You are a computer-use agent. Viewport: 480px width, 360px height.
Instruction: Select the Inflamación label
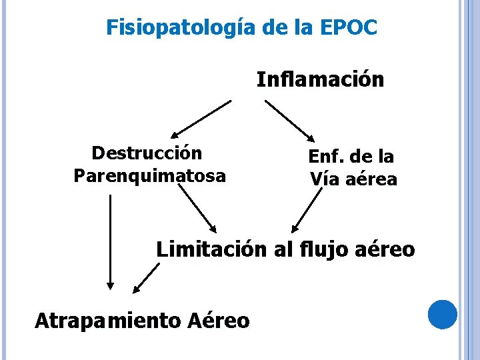320,80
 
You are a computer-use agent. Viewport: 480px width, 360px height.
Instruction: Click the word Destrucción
147,153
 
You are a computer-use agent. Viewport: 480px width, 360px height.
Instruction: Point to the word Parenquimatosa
150,176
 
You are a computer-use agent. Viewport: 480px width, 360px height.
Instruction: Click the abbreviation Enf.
325,157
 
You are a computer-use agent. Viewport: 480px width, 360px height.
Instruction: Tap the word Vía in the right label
321,179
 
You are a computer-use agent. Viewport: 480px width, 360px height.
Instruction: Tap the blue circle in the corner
443,315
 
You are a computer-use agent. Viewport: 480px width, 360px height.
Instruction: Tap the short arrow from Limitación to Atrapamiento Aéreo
146,278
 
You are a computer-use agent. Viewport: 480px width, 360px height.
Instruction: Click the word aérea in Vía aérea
372,179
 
